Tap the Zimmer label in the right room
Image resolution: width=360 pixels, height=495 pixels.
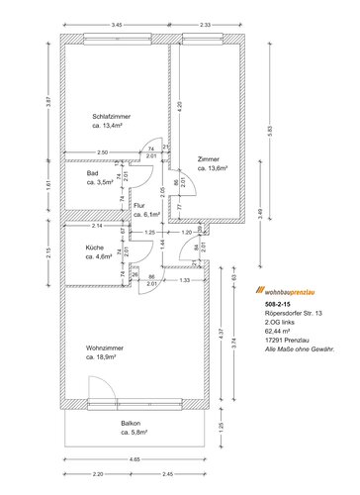click(x=209, y=159)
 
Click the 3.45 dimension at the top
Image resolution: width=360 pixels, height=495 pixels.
click(x=116, y=24)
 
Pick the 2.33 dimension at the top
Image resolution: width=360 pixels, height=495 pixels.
click(x=205, y=24)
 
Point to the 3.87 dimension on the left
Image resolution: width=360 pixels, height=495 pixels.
click(x=47, y=101)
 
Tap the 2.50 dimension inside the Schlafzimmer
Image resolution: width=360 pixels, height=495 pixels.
click(x=103, y=151)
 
